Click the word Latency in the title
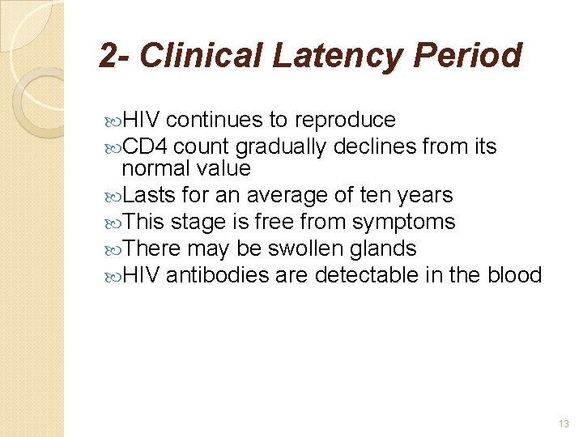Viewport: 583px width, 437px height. [x=336, y=56]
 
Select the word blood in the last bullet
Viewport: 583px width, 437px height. [x=513, y=275]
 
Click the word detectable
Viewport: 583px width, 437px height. [x=366, y=275]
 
